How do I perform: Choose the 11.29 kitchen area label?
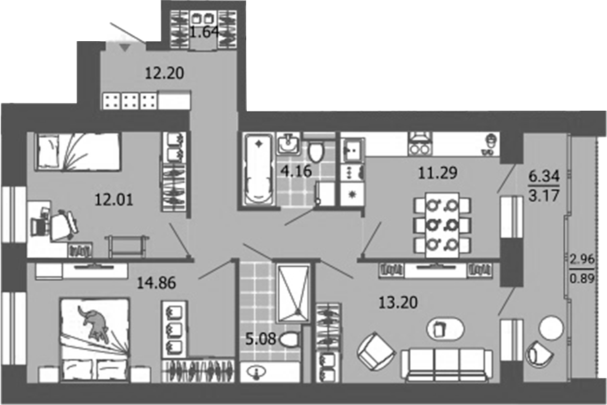point(437,173)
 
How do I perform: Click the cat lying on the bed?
point(94,324)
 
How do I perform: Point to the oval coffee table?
point(445,329)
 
